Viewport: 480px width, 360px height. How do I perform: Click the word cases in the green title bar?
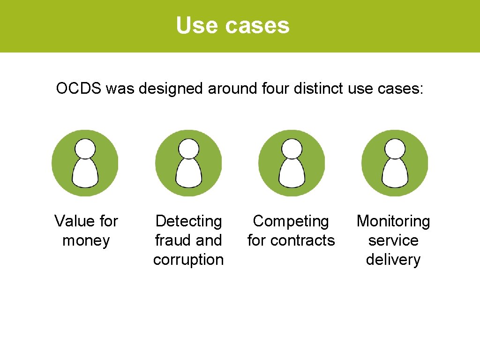point(257,26)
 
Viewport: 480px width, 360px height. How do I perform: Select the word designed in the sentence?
point(172,88)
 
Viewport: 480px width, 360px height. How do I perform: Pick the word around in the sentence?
point(230,88)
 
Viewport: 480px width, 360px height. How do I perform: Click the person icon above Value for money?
point(85,163)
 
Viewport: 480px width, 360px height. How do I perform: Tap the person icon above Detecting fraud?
point(188,163)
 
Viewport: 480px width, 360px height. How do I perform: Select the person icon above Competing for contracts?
point(292,163)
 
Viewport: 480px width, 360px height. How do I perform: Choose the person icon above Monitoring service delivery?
point(395,163)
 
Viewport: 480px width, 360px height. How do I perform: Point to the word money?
point(86,240)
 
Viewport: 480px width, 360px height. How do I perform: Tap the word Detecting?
point(188,221)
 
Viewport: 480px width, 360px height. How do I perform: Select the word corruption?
point(188,260)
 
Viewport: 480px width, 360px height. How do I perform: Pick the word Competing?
point(291,221)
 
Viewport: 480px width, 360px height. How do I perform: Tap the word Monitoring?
point(393,221)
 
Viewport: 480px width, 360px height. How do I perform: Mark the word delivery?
point(393,260)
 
